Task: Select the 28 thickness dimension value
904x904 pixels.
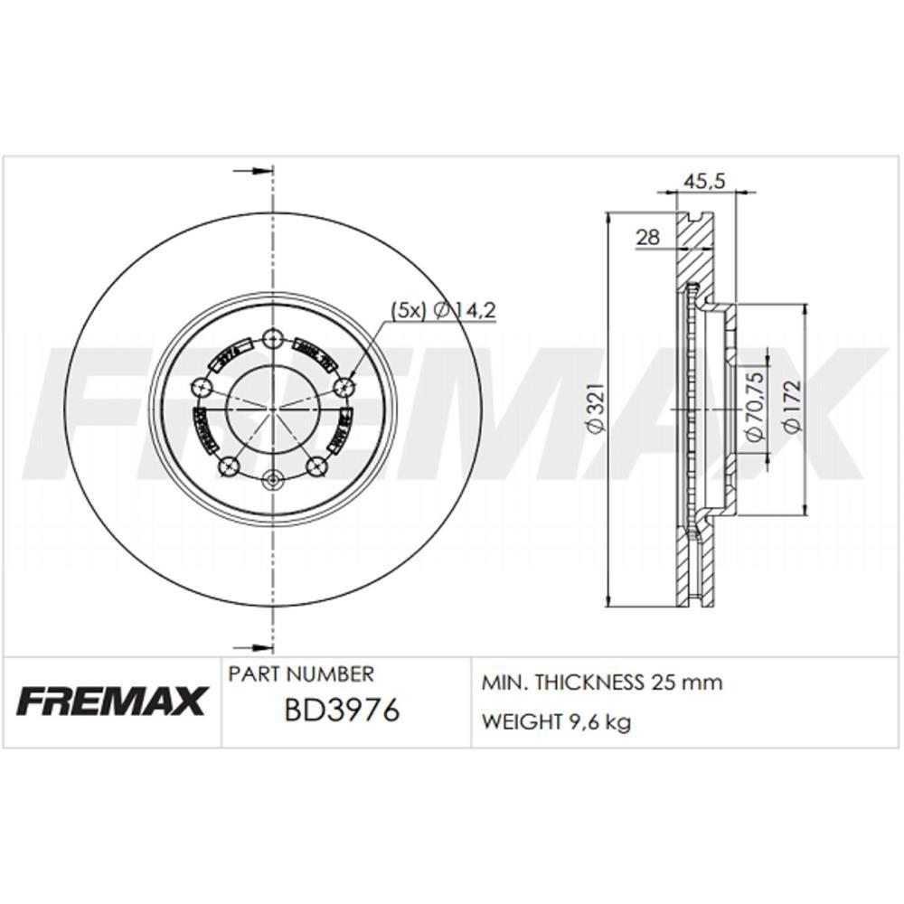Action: click(x=648, y=237)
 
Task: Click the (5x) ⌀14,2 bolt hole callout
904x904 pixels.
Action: click(x=443, y=309)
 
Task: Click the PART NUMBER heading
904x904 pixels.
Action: click(x=300, y=674)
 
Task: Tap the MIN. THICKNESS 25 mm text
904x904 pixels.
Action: click(x=602, y=683)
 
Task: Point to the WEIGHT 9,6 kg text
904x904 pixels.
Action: click(x=557, y=721)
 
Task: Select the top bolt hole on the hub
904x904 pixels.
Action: click(x=272, y=340)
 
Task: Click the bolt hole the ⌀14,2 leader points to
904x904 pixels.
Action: click(x=343, y=387)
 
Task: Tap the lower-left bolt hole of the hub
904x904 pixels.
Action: click(x=228, y=466)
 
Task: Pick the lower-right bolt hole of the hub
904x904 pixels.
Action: click(x=316, y=466)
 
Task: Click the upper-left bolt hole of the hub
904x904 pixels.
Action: click(x=202, y=388)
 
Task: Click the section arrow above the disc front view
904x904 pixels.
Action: click(x=253, y=170)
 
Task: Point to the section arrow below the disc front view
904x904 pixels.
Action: click(x=253, y=645)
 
